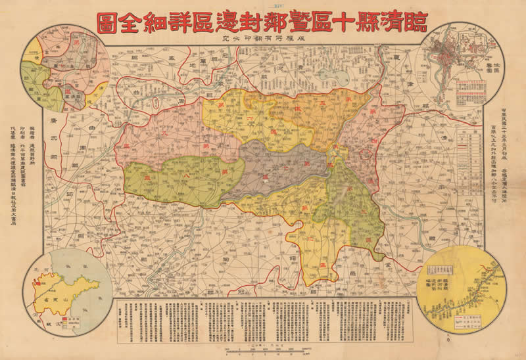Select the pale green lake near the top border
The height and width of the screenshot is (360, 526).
[342, 76]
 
